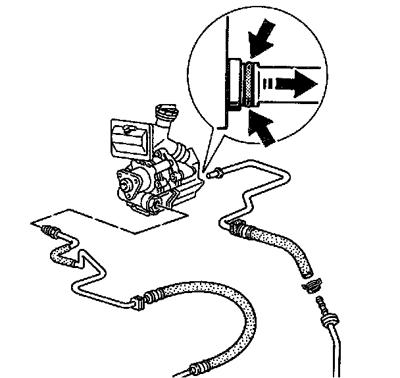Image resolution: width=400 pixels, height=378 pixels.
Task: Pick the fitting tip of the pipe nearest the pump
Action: coord(212,175)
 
